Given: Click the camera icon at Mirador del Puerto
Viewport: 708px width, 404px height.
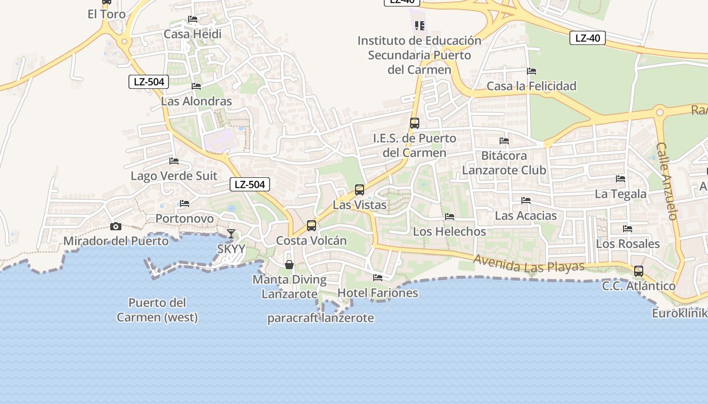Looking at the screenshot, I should click(x=116, y=227).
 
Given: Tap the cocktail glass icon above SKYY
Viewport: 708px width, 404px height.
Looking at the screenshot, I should click(x=231, y=233).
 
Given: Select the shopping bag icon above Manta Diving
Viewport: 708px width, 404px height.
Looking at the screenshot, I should click(x=289, y=264).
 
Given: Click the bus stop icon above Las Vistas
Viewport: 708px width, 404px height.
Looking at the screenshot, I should click(x=360, y=190).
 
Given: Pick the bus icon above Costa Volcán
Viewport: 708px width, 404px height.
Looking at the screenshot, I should click(x=312, y=226).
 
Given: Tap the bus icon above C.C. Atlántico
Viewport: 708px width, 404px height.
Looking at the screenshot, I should click(x=639, y=271).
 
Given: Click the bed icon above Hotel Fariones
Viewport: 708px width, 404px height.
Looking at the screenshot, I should click(x=378, y=277).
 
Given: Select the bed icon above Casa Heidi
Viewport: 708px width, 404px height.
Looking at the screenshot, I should click(x=193, y=19).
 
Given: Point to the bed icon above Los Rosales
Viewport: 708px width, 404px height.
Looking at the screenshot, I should click(x=628, y=229).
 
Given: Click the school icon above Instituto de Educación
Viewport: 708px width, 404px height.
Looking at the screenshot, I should click(x=419, y=25).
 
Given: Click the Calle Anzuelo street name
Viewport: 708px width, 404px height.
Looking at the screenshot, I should click(x=667, y=181).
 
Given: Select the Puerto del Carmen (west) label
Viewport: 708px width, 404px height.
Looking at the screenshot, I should click(x=157, y=310).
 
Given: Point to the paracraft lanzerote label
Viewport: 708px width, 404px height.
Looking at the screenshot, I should click(x=321, y=318).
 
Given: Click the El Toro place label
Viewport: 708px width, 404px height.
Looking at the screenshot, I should click(x=107, y=14).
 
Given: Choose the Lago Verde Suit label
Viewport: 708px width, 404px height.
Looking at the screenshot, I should click(x=174, y=176).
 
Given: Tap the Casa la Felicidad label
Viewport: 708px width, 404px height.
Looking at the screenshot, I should click(x=532, y=86).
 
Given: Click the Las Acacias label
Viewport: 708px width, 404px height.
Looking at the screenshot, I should click(x=526, y=216).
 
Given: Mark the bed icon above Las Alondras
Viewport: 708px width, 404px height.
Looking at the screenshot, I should click(x=196, y=86).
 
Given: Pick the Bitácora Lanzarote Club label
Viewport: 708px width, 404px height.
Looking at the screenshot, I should click(x=504, y=163).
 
